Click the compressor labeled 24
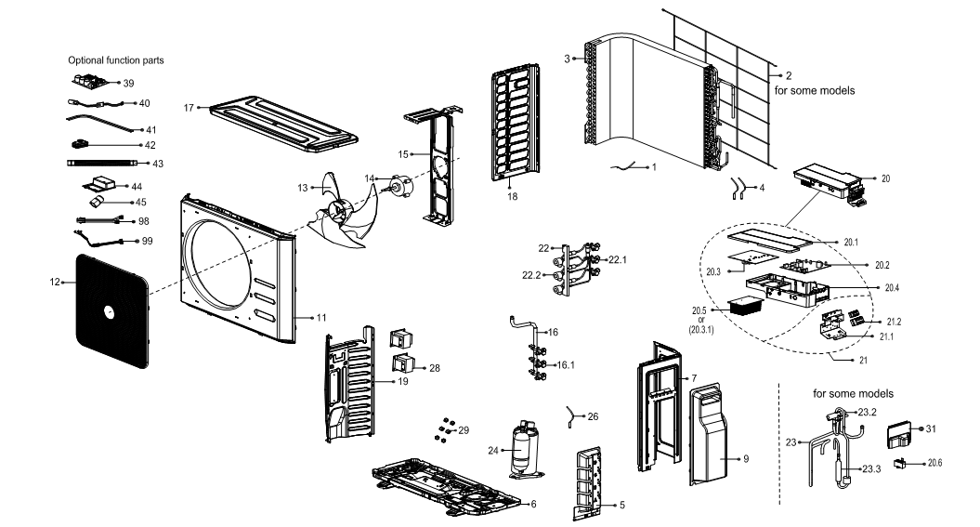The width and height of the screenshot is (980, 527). coord(523,450)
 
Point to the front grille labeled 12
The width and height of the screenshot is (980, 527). coord(113,310)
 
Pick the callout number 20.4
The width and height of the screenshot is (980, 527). coord(892,288)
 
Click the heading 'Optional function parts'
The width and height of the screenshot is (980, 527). coord(116,60)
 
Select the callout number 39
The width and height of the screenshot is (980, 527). coord(128,83)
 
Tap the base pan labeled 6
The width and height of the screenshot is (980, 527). coord(446,485)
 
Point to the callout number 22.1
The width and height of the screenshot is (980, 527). coord(618,259)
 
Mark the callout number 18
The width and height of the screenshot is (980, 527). coord(513,196)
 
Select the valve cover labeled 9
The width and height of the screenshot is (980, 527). coord(709,434)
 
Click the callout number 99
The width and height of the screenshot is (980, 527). coord(147,241)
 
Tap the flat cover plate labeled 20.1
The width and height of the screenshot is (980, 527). coord(773,240)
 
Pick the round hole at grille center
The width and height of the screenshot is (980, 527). coord(107,311)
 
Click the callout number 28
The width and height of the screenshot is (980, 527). coord(435,368)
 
